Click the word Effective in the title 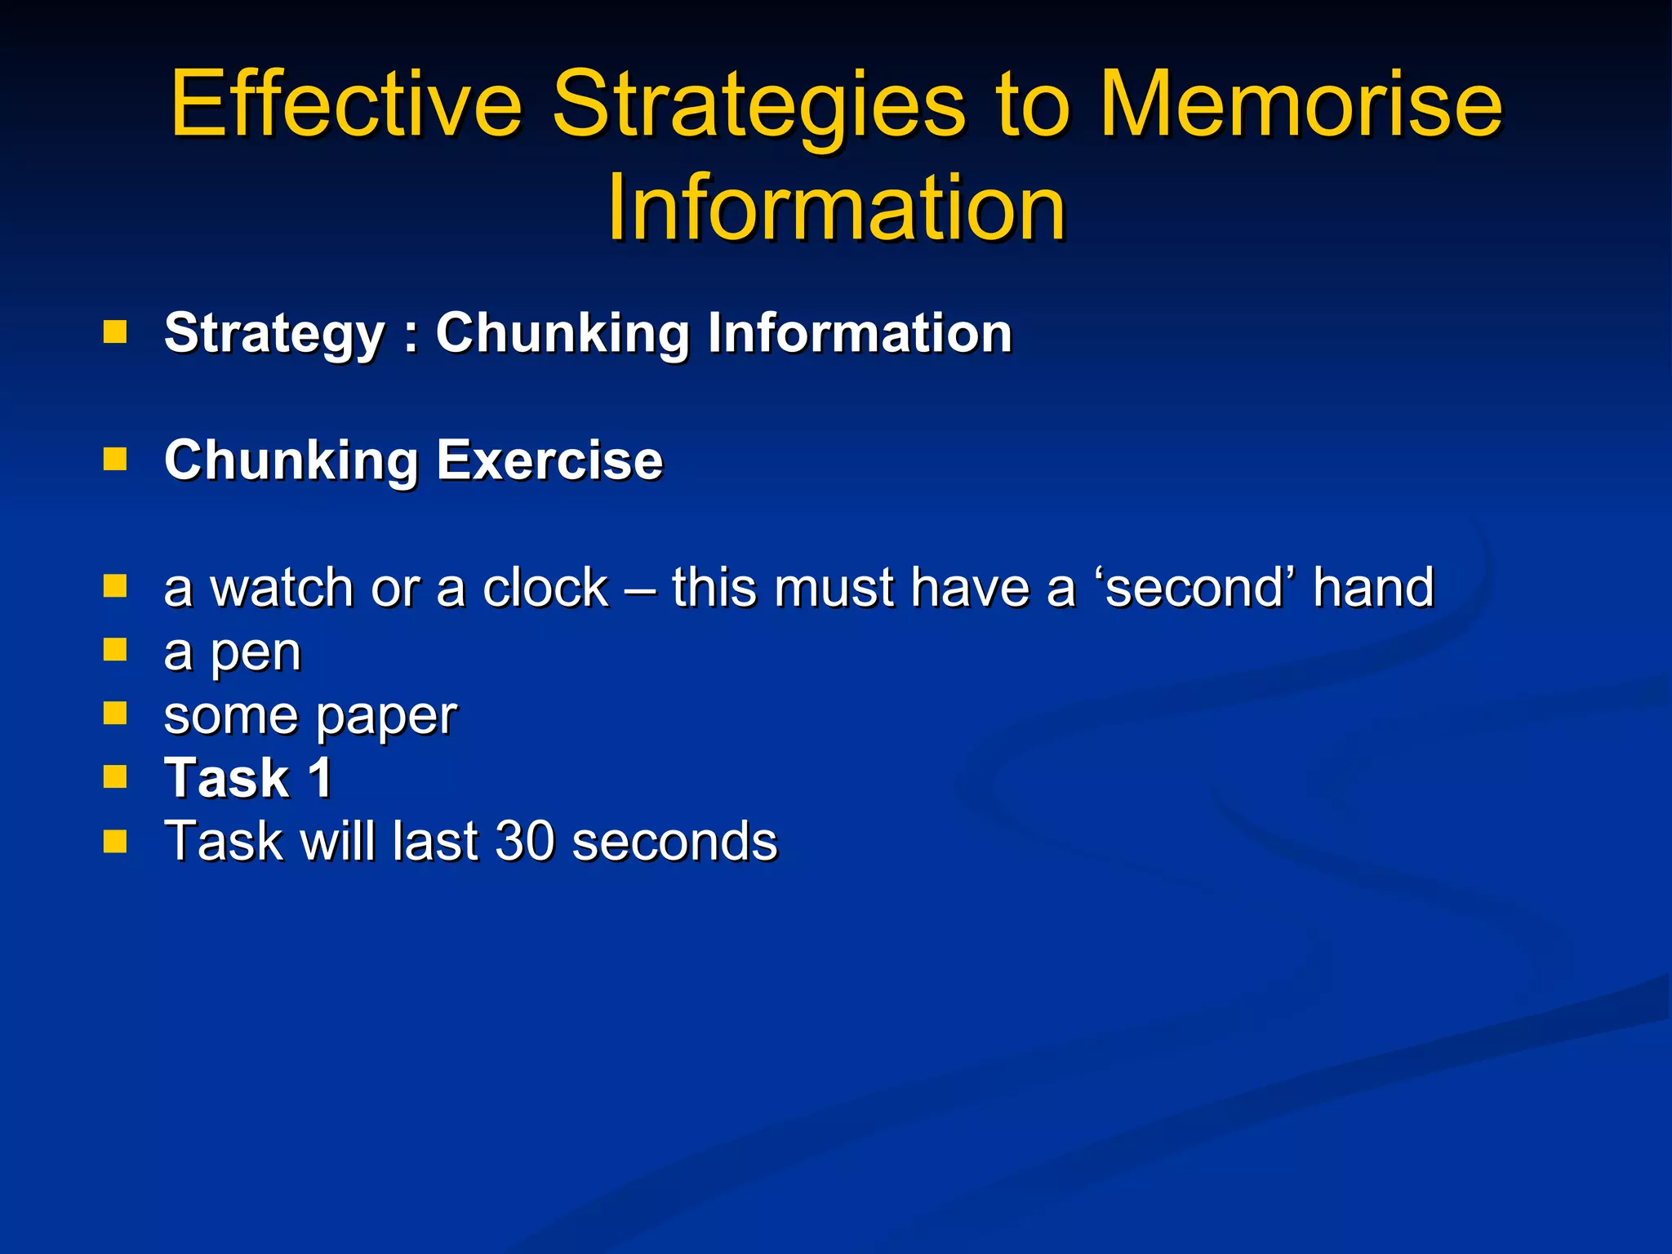click(x=345, y=104)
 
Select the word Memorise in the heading click(x=1301, y=104)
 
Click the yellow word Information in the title click(x=836, y=208)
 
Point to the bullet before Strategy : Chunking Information click(x=115, y=331)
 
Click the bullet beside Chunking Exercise click(x=115, y=459)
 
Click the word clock click(x=545, y=588)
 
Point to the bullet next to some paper click(x=115, y=714)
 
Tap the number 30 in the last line click(x=527, y=841)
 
